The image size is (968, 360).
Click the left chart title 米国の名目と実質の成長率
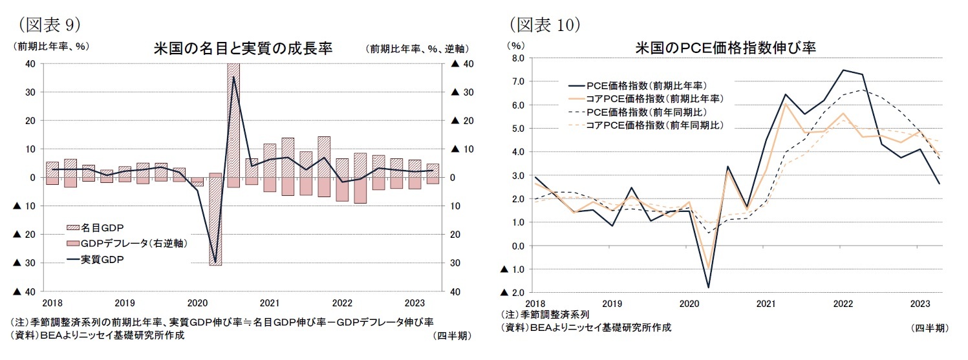tap(242, 49)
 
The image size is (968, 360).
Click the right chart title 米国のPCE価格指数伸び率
tap(728, 48)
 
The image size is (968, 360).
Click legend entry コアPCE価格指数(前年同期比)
tap(654, 125)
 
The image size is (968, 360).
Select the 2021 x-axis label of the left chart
tap(269, 302)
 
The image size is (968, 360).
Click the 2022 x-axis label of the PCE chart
tap(842, 303)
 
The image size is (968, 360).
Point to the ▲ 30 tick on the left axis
tap(23, 263)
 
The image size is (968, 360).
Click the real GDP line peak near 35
tap(233, 77)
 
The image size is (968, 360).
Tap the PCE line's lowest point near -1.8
tap(709, 288)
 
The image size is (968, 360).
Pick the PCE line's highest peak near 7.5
tap(843, 70)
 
